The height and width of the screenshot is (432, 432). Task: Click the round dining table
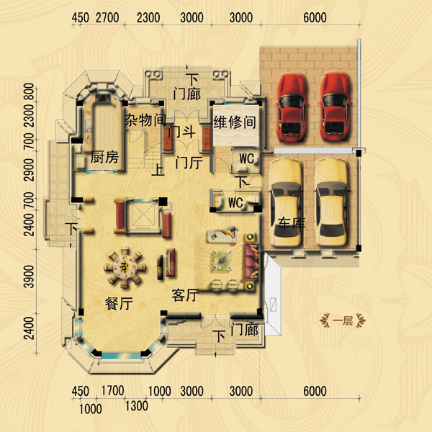[x=125, y=266]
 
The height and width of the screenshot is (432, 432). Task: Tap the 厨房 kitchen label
[x=104, y=157]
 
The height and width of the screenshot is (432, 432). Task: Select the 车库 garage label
[x=291, y=223]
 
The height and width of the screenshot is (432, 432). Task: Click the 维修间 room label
[x=235, y=122]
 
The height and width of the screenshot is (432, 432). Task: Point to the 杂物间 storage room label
[x=145, y=120]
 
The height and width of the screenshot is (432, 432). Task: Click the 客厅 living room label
[x=185, y=295]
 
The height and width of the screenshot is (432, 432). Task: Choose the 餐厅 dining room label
[x=119, y=304]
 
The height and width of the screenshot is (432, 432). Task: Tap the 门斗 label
[x=182, y=132]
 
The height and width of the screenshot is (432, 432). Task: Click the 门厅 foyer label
[x=189, y=163]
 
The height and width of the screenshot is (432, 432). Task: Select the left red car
[x=292, y=107]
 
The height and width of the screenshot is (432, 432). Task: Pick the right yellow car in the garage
[x=331, y=202]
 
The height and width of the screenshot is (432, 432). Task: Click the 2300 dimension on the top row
[x=148, y=17]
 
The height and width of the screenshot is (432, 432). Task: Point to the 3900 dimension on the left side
[x=29, y=276]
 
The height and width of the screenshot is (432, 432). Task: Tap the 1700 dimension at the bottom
[x=112, y=391]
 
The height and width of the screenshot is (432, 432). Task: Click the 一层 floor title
[x=343, y=321]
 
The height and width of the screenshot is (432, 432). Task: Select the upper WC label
[x=246, y=158]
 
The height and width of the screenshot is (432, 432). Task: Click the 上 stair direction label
[x=158, y=170]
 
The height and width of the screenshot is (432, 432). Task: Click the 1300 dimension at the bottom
[x=137, y=406]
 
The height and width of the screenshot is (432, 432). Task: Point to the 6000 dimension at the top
[x=315, y=17]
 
